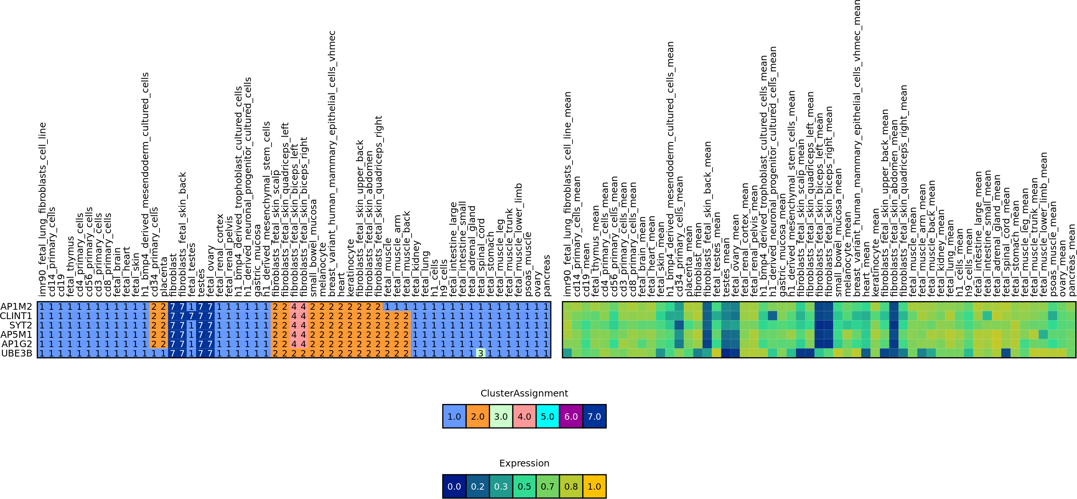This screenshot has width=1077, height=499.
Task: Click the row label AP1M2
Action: point(16,306)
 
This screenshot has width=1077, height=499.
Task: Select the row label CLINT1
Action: point(16,316)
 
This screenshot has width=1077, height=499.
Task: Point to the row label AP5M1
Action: point(16,334)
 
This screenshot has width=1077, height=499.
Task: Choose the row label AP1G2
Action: point(17,344)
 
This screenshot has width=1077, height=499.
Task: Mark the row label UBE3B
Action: point(17,353)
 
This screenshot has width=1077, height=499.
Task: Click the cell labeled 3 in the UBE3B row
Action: point(481,353)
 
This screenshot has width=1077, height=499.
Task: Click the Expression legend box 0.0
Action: point(454,486)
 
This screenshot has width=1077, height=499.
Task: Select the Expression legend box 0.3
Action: point(501,486)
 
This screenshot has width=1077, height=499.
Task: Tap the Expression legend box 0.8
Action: point(571,486)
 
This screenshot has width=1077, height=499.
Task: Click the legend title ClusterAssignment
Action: point(524,393)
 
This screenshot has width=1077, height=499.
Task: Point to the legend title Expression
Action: point(524,463)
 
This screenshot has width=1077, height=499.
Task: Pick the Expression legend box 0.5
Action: point(524,486)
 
